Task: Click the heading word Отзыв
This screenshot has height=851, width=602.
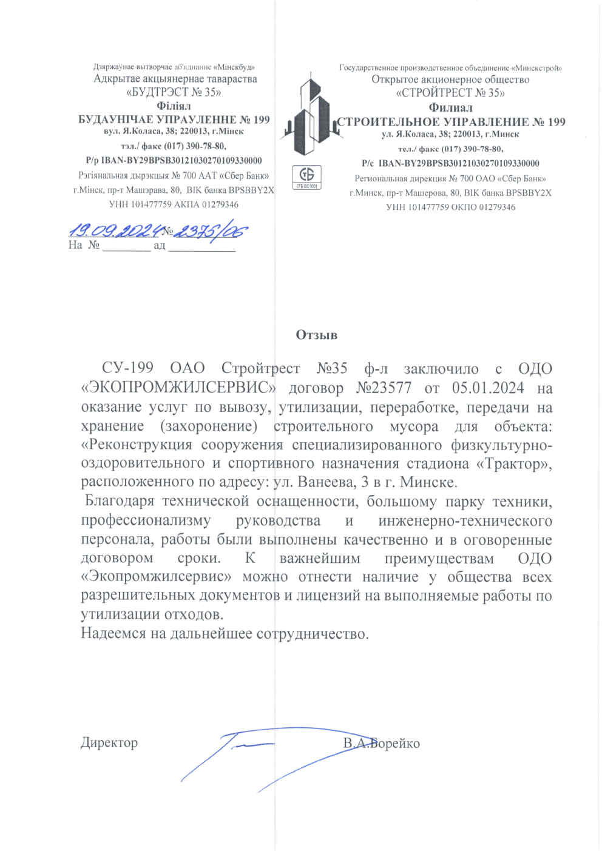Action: [x=316, y=335]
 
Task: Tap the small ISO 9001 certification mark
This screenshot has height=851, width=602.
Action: [x=307, y=177]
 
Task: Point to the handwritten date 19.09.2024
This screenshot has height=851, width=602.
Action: [x=115, y=231]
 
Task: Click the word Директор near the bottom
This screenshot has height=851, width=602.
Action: [x=109, y=742]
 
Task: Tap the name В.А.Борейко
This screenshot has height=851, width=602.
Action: [x=381, y=744]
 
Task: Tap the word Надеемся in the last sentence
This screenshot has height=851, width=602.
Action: [x=113, y=634]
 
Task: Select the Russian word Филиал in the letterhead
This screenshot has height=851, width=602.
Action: [x=450, y=107]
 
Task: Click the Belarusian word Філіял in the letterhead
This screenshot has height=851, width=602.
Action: [x=174, y=106]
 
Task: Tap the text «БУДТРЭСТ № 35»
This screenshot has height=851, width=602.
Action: [x=174, y=92]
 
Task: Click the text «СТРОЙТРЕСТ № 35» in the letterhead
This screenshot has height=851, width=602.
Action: [x=450, y=93]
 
